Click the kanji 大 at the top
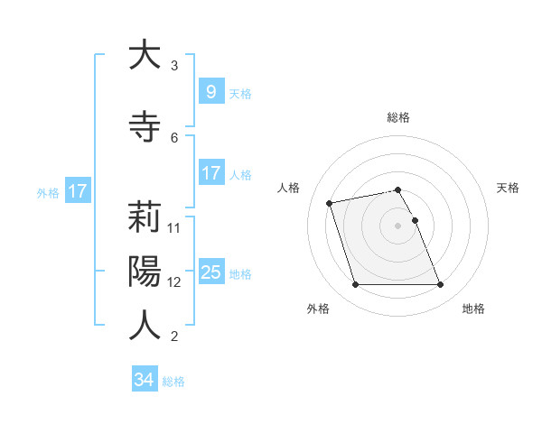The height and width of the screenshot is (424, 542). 145,55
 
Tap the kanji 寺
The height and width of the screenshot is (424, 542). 145,127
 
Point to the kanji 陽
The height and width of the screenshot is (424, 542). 145,272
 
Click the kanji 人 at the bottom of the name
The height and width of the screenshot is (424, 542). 145,325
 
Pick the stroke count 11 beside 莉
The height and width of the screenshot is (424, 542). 175,227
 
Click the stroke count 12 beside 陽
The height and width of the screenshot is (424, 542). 175,281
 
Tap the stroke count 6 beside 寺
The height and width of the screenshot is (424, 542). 174,137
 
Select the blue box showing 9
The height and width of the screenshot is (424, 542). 210,91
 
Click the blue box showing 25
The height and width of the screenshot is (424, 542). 210,272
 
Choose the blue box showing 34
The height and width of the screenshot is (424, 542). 145,380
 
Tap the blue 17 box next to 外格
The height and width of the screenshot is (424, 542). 78,191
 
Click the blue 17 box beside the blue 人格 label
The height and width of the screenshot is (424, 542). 210,173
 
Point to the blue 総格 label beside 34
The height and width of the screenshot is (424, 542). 174,382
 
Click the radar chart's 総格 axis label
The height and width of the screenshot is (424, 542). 398,117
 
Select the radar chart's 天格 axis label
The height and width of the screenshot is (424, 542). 508,188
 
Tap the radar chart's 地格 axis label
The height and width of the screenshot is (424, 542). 473,309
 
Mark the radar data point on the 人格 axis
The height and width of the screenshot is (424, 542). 330,202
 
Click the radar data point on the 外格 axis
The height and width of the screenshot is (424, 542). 355,285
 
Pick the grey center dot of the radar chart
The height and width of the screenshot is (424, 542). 397,225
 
